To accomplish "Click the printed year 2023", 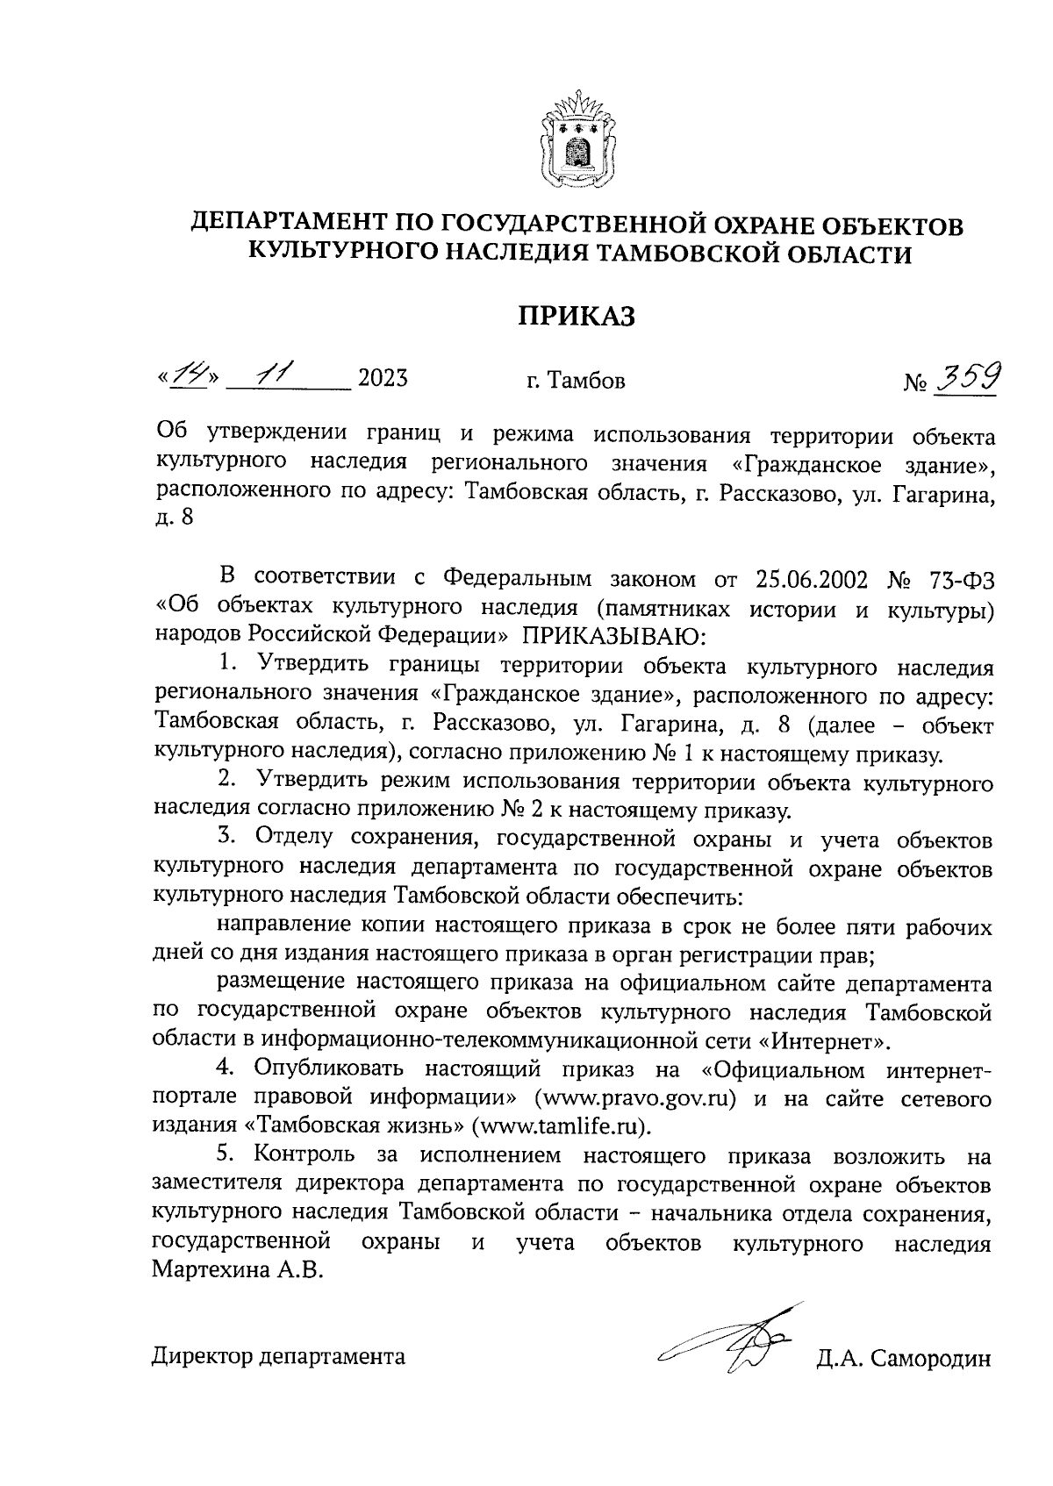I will (383, 380).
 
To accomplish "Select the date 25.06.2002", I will (811, 580).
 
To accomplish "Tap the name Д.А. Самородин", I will (903, 1359).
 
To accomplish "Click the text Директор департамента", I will (279, 1358).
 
